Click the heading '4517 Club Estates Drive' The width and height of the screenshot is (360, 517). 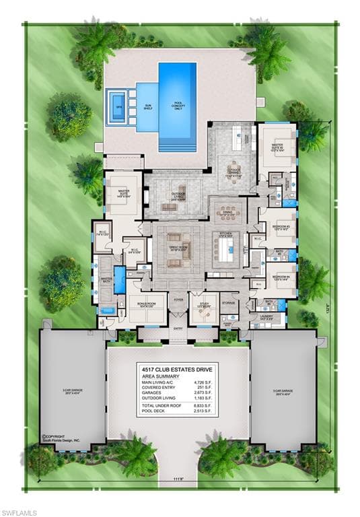click(x=177, y=369)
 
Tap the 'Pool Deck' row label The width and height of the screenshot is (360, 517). click(x=153, y=412)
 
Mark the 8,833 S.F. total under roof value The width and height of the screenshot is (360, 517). click(x=205, y=406)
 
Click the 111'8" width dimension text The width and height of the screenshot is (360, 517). click(x=178, y=479)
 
